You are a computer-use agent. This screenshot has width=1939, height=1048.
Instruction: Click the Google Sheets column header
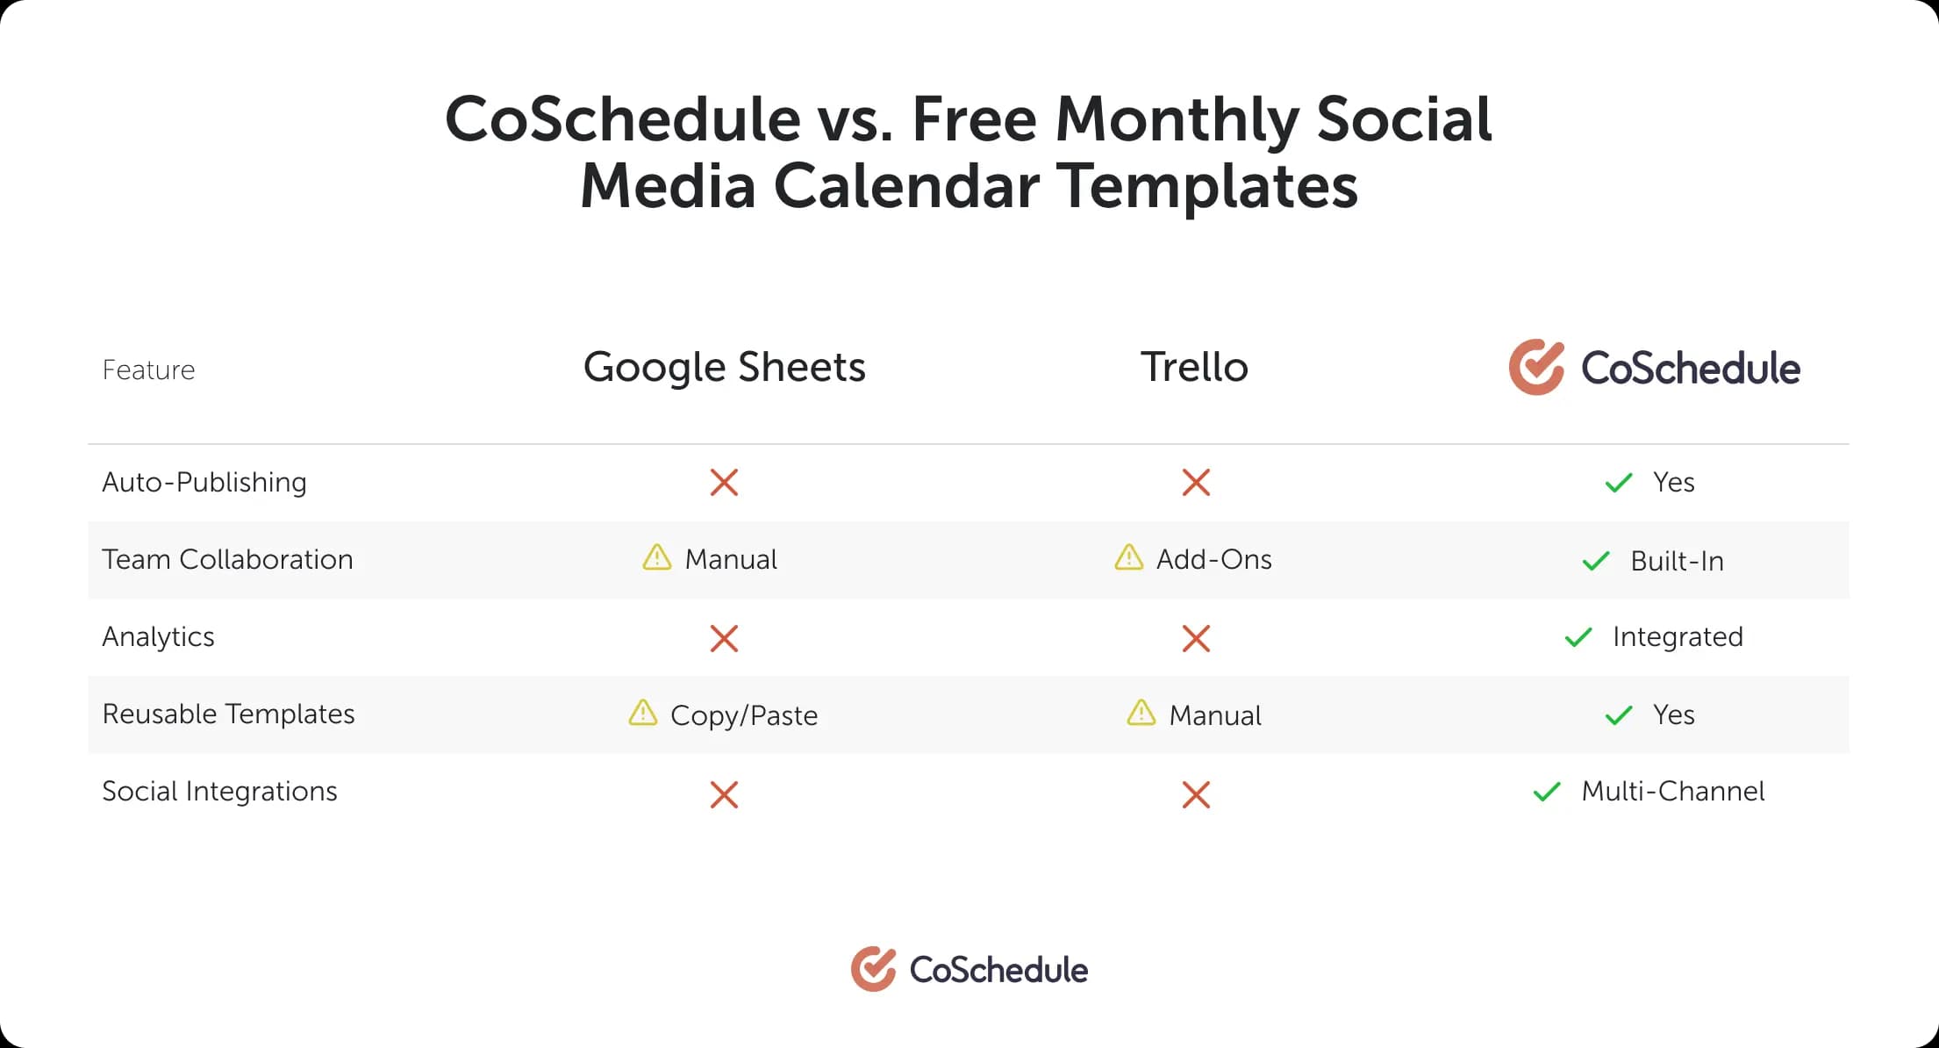coord(724,367)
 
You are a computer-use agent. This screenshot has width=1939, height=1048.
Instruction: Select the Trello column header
coord(1194,367)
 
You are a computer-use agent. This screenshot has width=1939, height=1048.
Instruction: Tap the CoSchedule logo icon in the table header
coord(1536,367)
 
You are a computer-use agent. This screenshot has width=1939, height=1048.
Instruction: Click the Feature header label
coord(148,370)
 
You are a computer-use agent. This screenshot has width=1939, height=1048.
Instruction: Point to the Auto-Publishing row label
coord(204,482)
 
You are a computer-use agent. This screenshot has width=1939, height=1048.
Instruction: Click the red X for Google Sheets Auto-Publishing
coord(724,482)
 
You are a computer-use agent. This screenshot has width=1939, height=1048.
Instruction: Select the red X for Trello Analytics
coord(1196,638)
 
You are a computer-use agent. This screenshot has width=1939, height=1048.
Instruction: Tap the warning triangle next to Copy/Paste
coord(643,713)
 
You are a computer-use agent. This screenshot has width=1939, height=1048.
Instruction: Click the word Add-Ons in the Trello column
coord(1213,559)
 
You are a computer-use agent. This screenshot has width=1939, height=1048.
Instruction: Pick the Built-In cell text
coord(1677,561)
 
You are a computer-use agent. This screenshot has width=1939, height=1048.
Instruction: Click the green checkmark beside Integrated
coord(1578,637)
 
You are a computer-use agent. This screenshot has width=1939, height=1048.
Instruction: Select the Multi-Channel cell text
coord(1672,792)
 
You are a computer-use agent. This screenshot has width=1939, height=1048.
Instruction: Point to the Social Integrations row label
coord(219,792)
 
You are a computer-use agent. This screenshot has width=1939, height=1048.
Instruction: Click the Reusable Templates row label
coord(228,714)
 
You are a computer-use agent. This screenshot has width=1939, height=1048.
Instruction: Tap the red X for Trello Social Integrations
coord(1196,794)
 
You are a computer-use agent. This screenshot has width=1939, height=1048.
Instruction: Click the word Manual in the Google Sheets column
coord(731,559)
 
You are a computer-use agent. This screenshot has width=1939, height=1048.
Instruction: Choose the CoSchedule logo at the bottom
coord(969,969)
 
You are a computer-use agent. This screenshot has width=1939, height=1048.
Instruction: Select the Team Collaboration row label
coord(227,559)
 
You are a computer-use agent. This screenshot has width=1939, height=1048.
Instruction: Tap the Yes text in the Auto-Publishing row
coord(1673,482)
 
